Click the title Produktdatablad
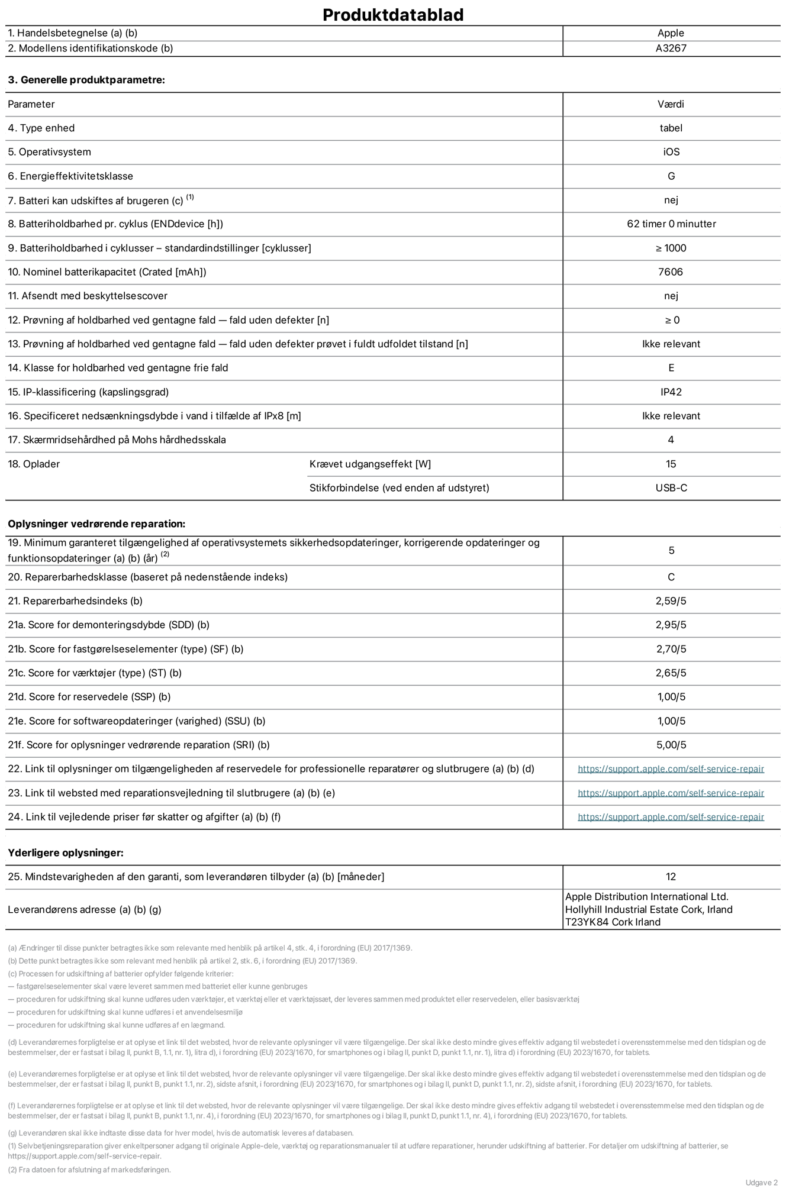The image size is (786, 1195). (x=393, y=15)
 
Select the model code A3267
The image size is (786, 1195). (x=671, y=49)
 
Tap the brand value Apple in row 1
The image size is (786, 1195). (x=671, y=33)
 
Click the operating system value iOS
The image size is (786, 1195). (x=671, y=152)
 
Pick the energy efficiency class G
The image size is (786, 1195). (x=671, y=176)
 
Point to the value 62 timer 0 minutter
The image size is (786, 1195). (x=671, y=224)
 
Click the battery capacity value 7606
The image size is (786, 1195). (x=671, y=272)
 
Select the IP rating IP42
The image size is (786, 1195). (x=671, y=392)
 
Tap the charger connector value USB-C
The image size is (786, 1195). (x=671, y=488)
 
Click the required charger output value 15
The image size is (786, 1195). (x=671, y=464)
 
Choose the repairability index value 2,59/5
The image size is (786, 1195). (x=671, y=601)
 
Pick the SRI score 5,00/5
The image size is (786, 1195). (x=671, y=745)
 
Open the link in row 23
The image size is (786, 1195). (x=671, y=793)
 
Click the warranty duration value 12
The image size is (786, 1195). (x=671, y=877)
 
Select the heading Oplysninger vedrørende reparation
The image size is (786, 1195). (x=96, y=524)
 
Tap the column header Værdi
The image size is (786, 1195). (x=671, y=104)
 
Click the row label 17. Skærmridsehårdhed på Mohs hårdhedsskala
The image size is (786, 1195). (x=117, y=440)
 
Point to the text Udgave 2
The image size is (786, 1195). (x=761, y=1183)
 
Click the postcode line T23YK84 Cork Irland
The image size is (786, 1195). (x=613, y=922)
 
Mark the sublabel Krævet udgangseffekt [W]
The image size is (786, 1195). (x=370, y=464)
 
